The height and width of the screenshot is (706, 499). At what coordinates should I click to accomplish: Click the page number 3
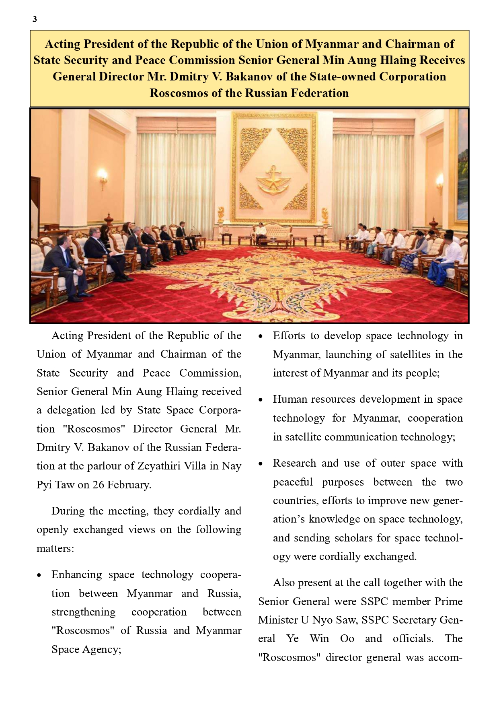(x=35, y=19)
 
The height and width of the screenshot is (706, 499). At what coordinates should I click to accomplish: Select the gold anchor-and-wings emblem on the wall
(x=273, y=179)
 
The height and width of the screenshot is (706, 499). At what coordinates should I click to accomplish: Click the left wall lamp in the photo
(x=103, y=177)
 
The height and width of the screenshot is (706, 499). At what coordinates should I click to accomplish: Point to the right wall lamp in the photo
(x=440, y=181)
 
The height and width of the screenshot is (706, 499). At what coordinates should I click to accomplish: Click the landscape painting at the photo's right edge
(x=462, y=169)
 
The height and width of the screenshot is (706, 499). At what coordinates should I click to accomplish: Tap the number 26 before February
(x=99, y=485)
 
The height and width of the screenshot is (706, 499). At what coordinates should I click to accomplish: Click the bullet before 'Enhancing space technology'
(x=39, y=575)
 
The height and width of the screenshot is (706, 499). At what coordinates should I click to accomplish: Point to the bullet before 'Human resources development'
(x=261, y=400)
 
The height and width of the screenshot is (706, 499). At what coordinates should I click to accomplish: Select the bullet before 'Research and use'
(x=261, y=464)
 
